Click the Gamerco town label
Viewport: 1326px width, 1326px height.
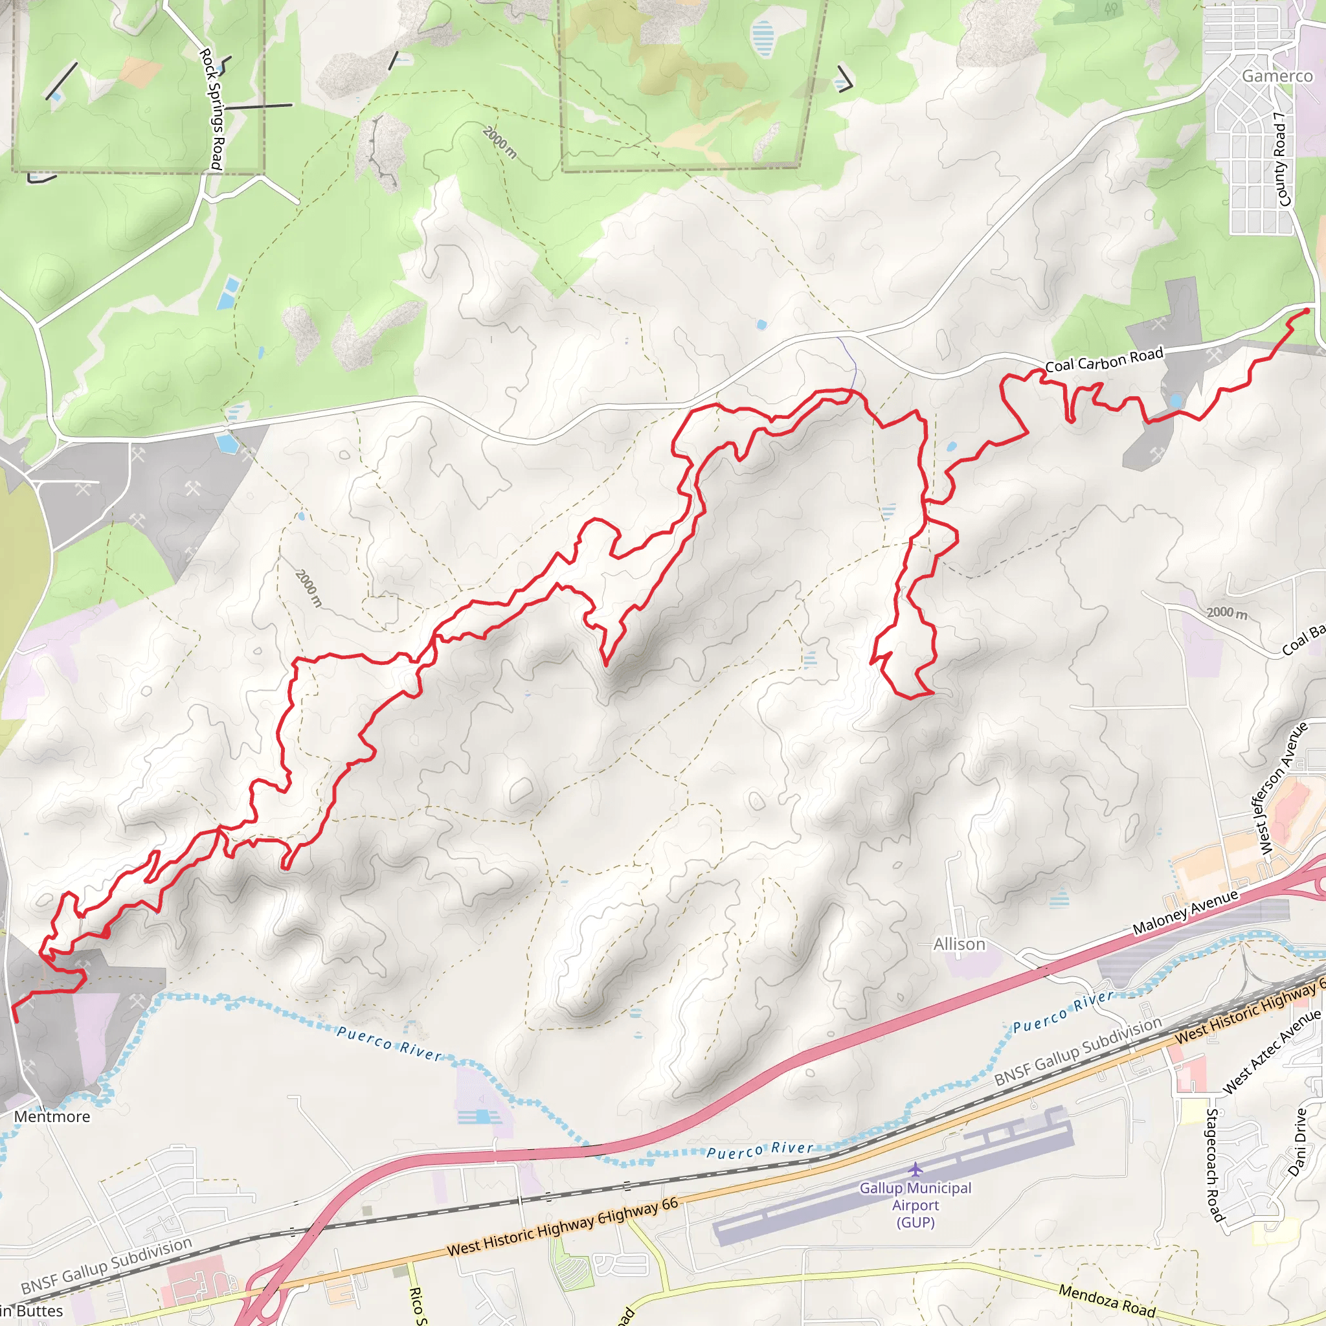pyautogui.click(x=1277, y=76)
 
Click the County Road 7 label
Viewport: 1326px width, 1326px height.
pyautogui.click(x=1281, y=159)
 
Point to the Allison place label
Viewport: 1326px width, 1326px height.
pyautogui.click(x=959, y=945)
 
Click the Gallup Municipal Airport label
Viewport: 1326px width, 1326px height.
pyautogui.click(x=916, y=1204)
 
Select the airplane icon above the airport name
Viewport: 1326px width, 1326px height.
pyautogui.click(x=915, y=1169)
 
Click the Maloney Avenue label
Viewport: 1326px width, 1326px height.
pyautogui.click(x=1186, y=912)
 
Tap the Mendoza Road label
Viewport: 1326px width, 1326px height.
pyautogui.click(x=1107, y=1301)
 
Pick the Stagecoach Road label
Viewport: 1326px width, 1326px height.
pyautogui.click(x=1214, y=1165)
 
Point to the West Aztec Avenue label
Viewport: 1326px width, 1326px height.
pyautogui.click(x=1271, y=1051)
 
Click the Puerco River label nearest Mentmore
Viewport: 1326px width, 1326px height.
pyautogui.click(x=388, y=1042)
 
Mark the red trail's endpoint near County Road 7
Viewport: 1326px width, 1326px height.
pyautogui.click(x=1306, y=311)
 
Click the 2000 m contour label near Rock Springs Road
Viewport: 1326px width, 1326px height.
pyautogui.click(x=499, y=142)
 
